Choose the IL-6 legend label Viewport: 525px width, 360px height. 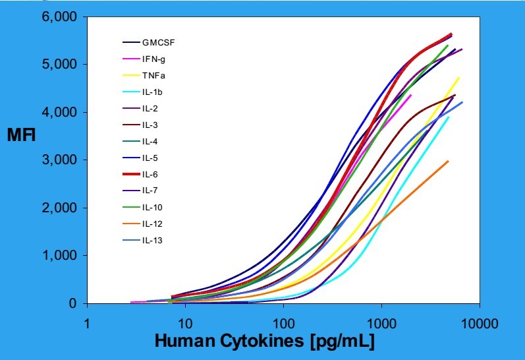coord(150,175)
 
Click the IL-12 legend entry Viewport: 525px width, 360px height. coord(152,224)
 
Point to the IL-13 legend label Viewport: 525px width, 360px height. coord(152,241)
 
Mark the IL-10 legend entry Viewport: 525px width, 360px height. coord(152,208)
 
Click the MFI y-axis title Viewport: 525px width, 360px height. coord(21,136)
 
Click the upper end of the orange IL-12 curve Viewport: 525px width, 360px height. coord(449,161)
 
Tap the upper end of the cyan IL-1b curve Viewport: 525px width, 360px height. coord(449,117)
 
